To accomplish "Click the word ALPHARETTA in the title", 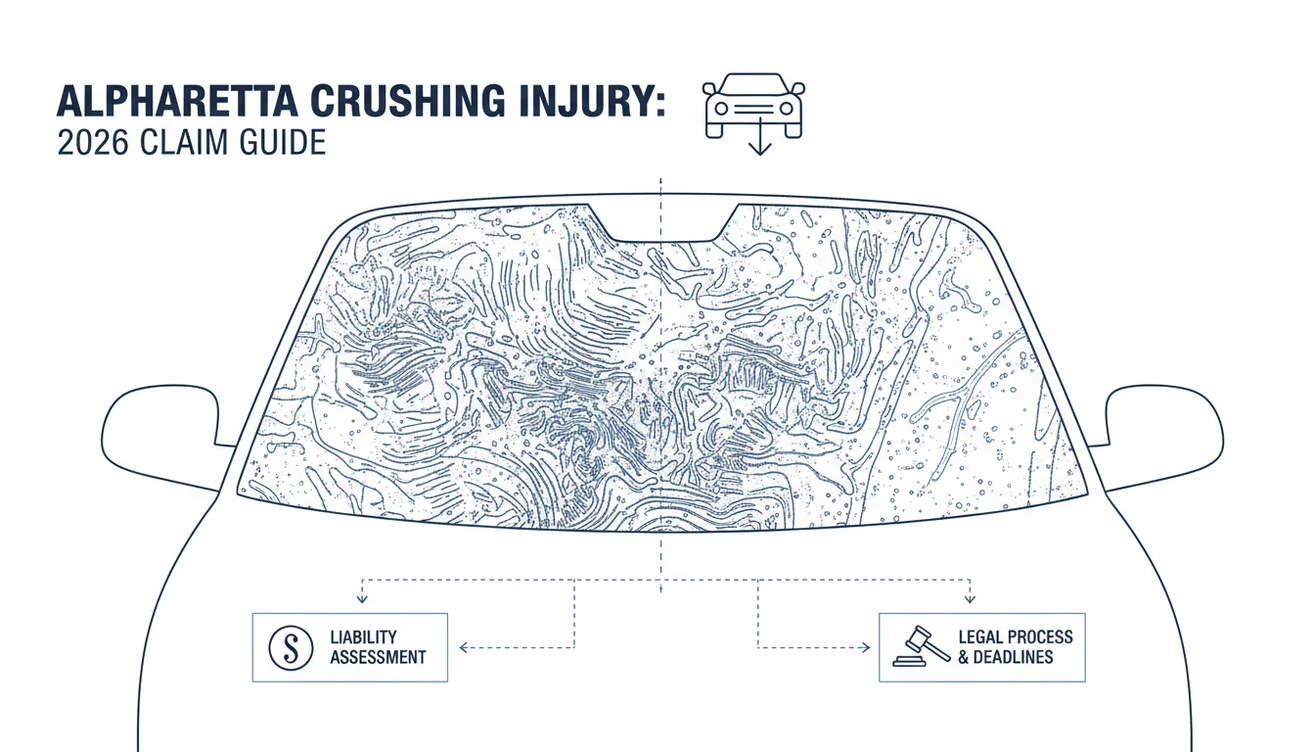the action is [177, 102].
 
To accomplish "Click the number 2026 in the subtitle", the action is [93, 143].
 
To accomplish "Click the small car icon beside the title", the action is [753, 106].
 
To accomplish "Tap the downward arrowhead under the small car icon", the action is [760, 150].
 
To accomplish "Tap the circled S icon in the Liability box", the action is [291, 648].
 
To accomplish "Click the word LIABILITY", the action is [363, 637].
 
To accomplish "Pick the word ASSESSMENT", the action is [378, 657].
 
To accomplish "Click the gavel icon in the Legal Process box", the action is [921, 647].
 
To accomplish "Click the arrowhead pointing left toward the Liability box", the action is [464, 648].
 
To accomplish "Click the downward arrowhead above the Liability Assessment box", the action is [362, 599].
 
